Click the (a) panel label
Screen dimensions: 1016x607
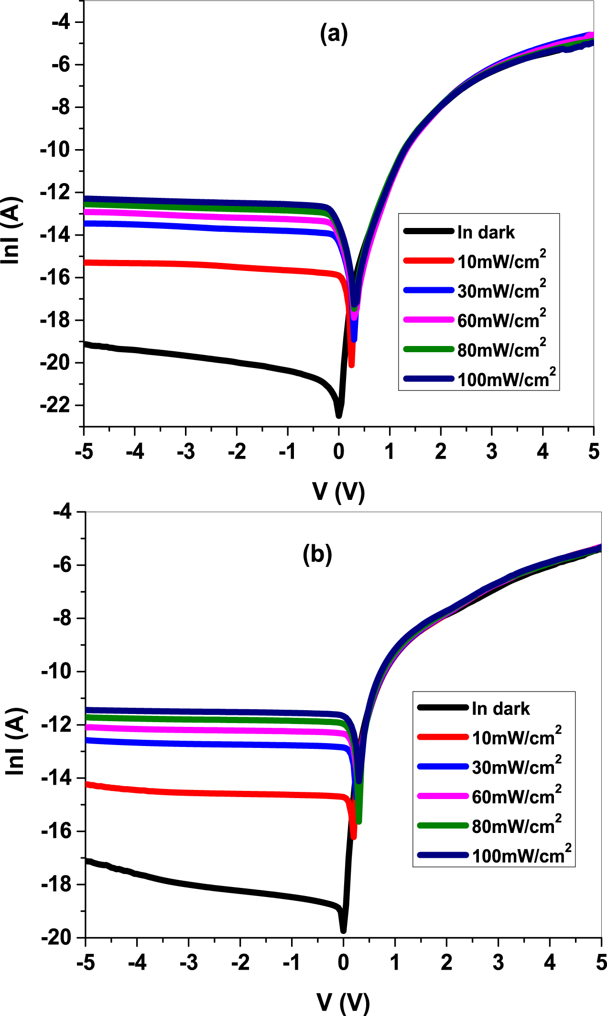[x=334, y=34]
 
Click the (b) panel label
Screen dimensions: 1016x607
[x=317, y=554]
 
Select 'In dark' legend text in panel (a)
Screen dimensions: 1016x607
[x=486, y=232]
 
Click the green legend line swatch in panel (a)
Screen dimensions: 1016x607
[x=428, y=349]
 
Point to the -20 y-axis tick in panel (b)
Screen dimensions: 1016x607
[x=61, y=938]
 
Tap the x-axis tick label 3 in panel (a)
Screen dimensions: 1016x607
[x=491, y=451]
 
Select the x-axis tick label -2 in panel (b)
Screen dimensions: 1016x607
[x=240, y=962]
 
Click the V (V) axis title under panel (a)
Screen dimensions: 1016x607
[x=338, y=491]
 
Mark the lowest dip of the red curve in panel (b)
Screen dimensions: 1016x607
[x=354, y=836]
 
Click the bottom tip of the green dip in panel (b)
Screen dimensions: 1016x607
[x=359, y=821]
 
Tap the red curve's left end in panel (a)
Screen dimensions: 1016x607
[x=85, y=262]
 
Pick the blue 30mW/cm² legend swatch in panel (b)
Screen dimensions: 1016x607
[x=443, y=767]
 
